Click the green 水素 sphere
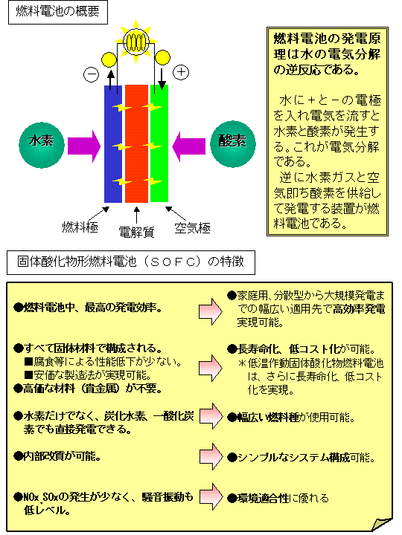(x=42, y=145)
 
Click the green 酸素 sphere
(x=233, y=144)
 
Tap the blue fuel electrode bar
(x=113, y=143)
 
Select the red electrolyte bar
(x=136, y=143)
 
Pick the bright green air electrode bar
(x=159, y=143)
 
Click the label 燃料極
(x=80, y=227)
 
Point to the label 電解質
(x=136, y=232)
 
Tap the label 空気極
(x=193, y=228)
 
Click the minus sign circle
(x=92, y=75)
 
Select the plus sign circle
(x=181, y=72)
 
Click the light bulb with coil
(x=136, y=42)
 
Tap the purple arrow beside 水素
(x=84, y=146)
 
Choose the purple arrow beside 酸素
(x=188, y=146)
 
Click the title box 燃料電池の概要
(x=58, y=13)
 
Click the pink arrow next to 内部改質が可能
(x=211, y=456)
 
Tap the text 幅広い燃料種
(x=268, y=418)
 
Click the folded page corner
(x=382, y=523)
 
